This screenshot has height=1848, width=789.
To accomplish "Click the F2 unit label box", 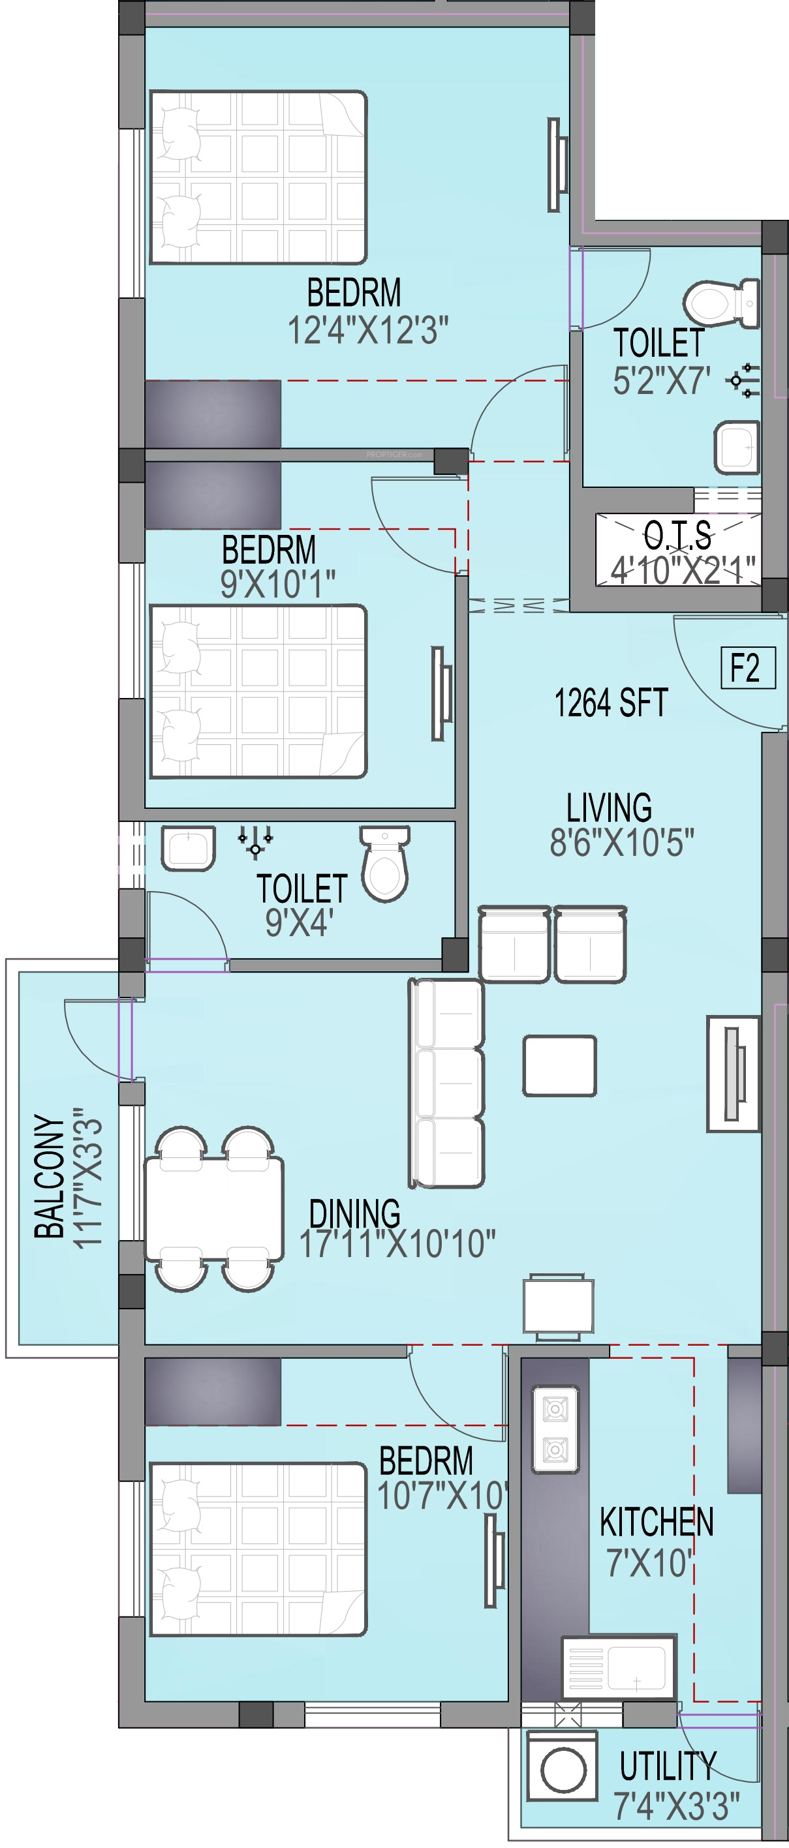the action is coord(748,668).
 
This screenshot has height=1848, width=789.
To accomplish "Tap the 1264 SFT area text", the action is coord(611,703).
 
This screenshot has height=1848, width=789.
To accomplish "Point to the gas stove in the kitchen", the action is coord(555,1429).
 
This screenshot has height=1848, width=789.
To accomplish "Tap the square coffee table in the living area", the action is coord(559,1065).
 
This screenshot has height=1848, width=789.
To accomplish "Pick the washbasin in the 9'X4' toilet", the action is coord(188,849).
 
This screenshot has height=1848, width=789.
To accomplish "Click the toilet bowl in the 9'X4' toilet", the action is coord(385,864).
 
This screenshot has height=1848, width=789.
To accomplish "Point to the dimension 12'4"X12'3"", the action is coord(367,331).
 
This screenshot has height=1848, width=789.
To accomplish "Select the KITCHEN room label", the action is coord(656,1522).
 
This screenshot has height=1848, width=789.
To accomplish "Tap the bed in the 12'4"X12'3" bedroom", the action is coord(258,177).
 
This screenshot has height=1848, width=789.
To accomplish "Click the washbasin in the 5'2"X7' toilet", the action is coord(737,447).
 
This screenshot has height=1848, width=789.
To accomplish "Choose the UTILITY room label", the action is coord(668,1766).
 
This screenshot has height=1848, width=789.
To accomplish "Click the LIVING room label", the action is coord(609,808).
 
